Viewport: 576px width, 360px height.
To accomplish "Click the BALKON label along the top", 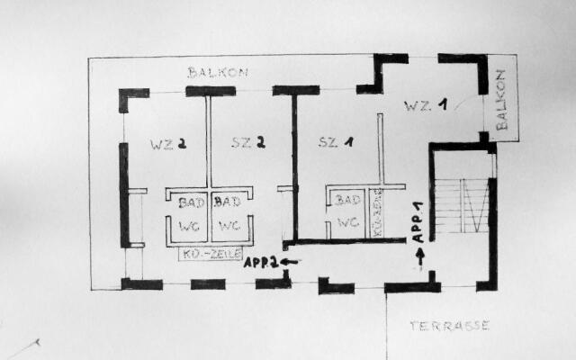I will [217, 72].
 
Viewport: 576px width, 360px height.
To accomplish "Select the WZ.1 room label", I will [425, 106].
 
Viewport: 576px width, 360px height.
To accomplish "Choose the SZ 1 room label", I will [336, 142].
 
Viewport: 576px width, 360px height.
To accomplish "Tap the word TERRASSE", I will [449, 326].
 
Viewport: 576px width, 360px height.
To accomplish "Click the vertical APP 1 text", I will [418, 223].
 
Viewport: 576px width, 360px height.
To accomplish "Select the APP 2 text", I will [260, 263].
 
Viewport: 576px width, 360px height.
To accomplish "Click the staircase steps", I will [462, 205].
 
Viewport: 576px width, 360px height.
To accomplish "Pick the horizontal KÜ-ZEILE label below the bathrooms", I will [211, 254].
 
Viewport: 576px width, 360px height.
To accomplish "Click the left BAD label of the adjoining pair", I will [190, 202].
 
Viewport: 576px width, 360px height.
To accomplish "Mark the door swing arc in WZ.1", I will [467, 102].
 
